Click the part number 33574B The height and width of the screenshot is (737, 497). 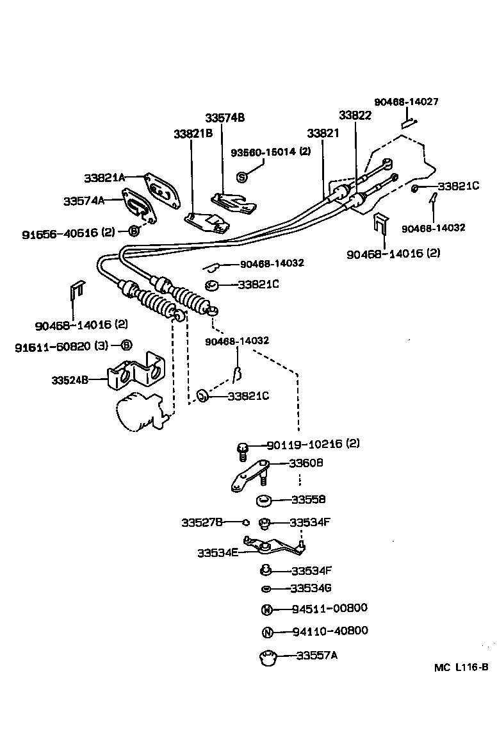point(225,118)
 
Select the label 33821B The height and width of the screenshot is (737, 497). point(193,134)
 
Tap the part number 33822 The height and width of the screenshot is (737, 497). point(355,115)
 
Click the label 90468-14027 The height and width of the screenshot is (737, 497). point(406,102)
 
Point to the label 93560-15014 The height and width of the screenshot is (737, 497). point(264,152)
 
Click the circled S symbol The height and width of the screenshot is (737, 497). point(242,176)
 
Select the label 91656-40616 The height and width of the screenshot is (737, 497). point(60,233)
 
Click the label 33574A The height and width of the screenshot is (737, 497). point(83,201)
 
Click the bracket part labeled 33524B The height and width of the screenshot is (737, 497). point(135,374)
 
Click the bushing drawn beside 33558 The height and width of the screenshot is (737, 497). point(263,500)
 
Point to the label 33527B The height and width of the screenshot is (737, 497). point(202,522)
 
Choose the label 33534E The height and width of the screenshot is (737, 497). point(217,552)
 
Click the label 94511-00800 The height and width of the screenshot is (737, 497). point(329,608)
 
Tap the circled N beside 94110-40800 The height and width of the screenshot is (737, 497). point(267,632)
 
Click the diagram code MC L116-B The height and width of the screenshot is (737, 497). point(460,667)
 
